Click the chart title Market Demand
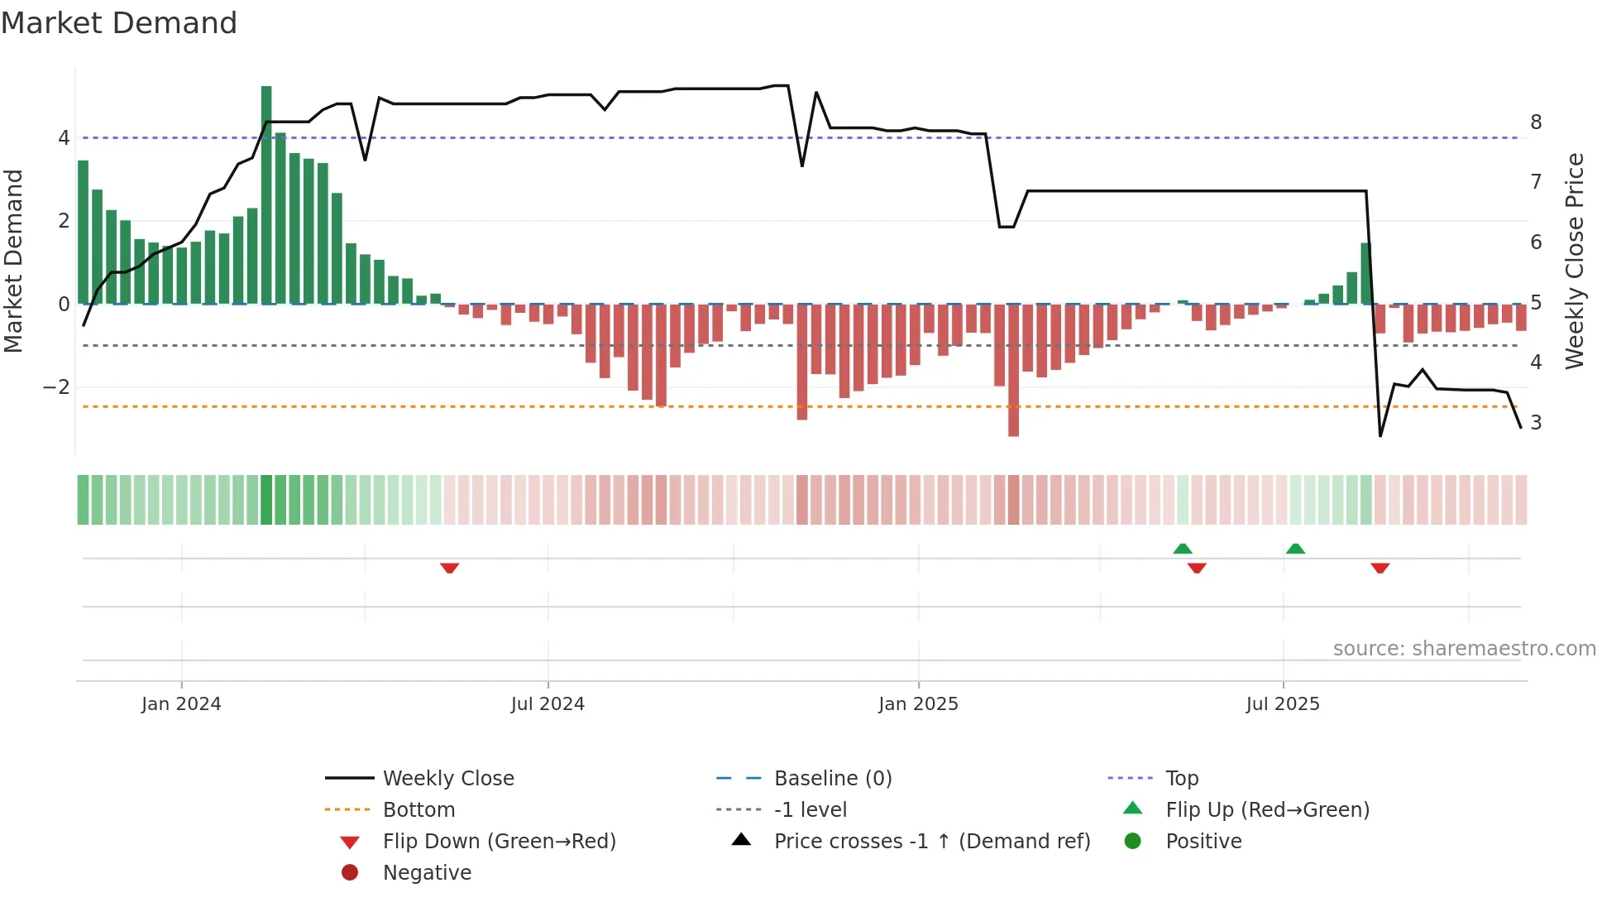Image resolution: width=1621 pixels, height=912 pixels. coord(119,23)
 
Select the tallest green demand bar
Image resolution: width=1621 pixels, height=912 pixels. coord(266,194)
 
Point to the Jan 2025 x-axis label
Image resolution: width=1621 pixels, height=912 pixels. coord(918,704)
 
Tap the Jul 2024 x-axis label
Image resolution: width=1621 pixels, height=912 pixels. coord(548,704)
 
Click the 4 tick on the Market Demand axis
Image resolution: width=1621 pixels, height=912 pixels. coord(64,138)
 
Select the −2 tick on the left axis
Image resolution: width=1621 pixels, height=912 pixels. coord(56,387)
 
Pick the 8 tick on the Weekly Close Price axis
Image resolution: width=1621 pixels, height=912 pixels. coord(1536,122)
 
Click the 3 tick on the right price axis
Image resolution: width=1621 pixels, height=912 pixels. coord(1536,423)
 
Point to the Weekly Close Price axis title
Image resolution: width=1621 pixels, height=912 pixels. coord(1575,261)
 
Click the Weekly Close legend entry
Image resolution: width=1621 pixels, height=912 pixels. coord(447,779)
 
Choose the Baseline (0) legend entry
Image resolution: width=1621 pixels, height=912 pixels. coord(832,779)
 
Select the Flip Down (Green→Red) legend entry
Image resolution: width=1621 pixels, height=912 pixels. coord(499,842)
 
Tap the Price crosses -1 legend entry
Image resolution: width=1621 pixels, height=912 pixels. coord(931,842)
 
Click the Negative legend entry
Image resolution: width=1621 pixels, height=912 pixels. coord(427,873)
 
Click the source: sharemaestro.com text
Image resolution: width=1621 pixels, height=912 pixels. coord(1464,649)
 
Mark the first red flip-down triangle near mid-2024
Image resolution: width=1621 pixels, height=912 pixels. coord(449,568)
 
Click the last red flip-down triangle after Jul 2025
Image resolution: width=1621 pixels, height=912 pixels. coord(1380,568)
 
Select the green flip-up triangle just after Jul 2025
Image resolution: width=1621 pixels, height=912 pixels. coord(1295,549)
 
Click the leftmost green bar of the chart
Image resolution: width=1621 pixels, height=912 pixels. coord(83,233)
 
